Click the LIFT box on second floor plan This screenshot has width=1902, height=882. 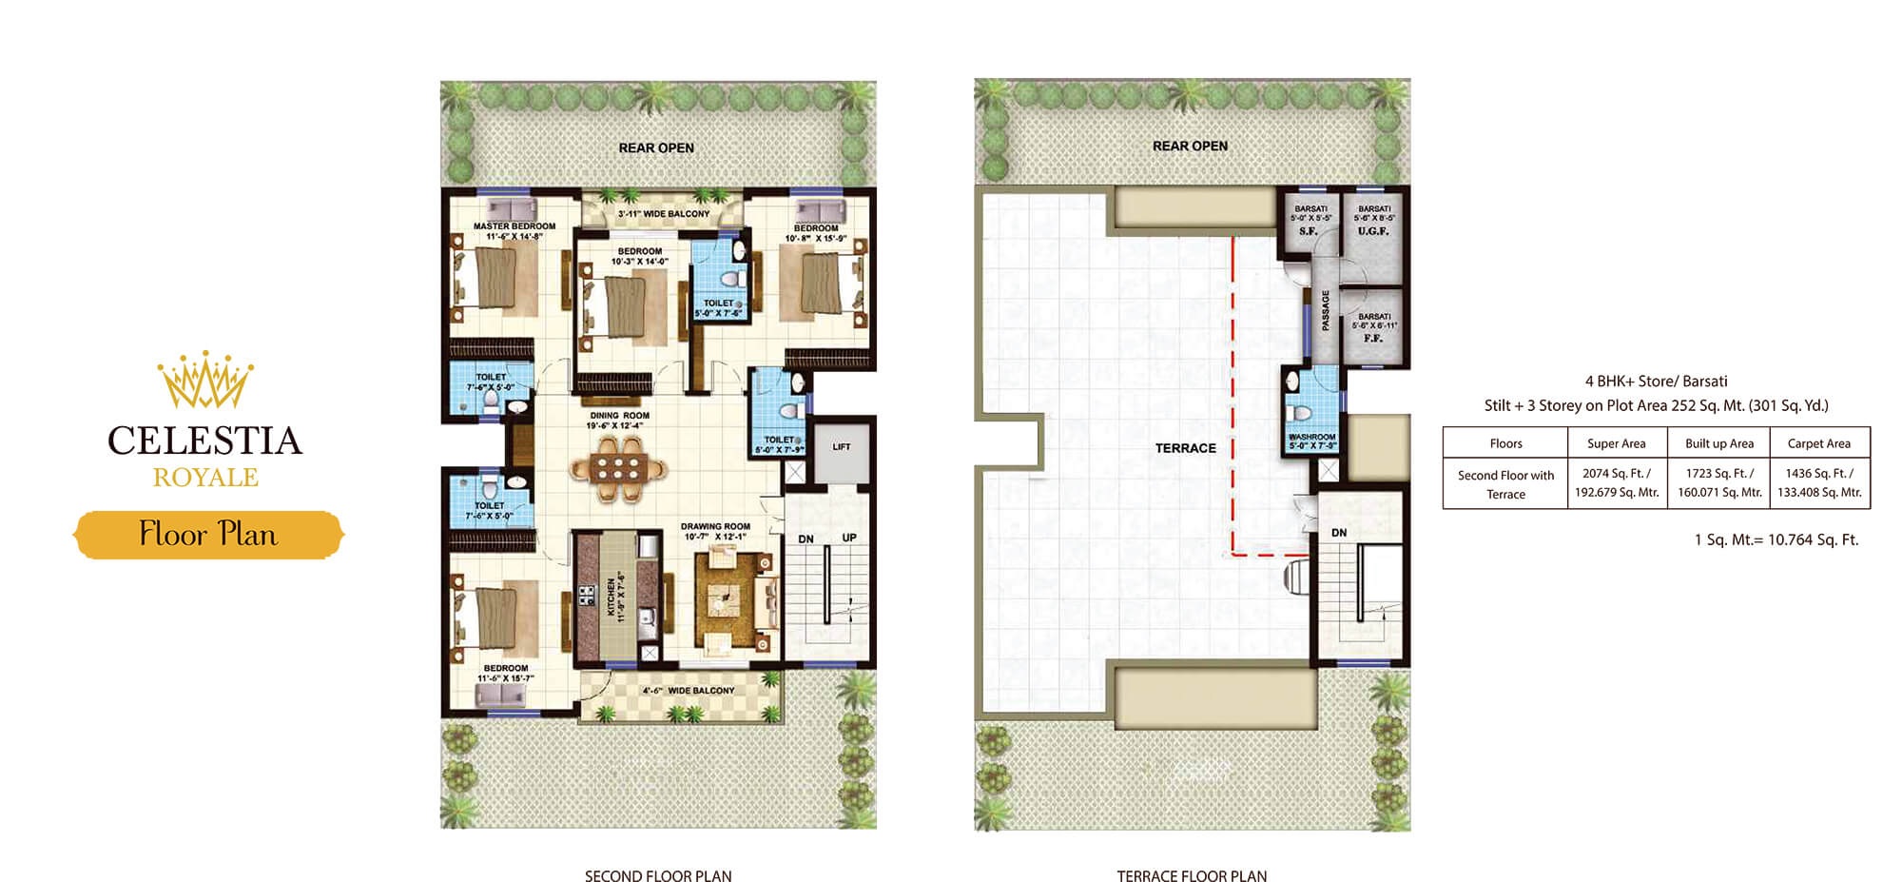pos(842,447)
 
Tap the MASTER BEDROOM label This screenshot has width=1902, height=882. pos(514,226)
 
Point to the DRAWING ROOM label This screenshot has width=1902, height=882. pos(715,526)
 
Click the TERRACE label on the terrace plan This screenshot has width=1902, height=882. pos(1185,448)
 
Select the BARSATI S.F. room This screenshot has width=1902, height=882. pos(1310,224)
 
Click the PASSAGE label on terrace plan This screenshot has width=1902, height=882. pos(1326,311)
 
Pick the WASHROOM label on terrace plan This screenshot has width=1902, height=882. pos(1311,437)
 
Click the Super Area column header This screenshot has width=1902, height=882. pos(1616,443)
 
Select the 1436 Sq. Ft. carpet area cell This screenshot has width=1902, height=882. pos(1818,482)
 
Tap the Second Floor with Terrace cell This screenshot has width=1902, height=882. pos(1505,484)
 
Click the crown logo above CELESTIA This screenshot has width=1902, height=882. pos(205,381)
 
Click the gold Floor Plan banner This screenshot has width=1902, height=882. pos(208,535)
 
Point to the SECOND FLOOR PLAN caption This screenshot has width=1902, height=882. pos(658,875)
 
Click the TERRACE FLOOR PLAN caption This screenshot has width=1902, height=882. pos(1191,875)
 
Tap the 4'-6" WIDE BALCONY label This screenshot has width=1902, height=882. pos(688,691)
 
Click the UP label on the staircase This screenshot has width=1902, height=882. pos(849,539)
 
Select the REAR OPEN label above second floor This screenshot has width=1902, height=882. pos(656,147)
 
